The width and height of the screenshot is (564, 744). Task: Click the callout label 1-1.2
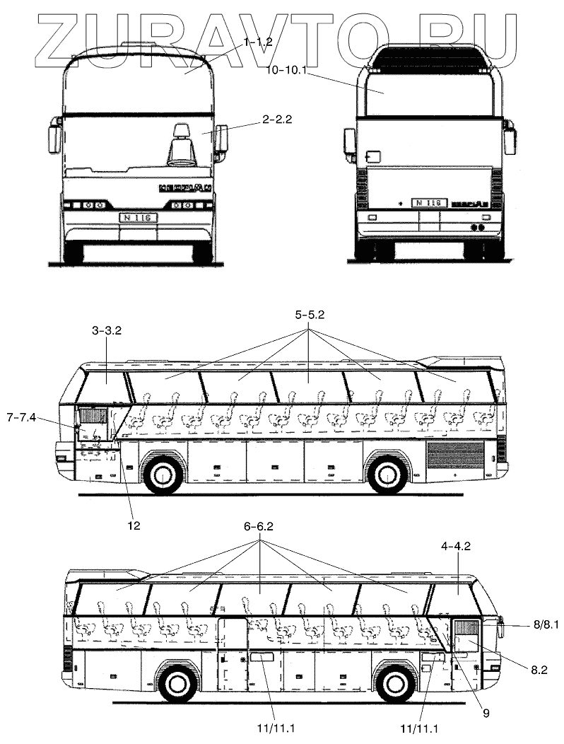coord(258,42)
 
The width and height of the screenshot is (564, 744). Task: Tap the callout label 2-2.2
coord(276,120)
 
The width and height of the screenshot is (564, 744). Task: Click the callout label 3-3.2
coord(107,330)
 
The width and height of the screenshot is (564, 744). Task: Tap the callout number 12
coord(134,525)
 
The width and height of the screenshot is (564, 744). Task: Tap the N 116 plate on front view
coord(138,218)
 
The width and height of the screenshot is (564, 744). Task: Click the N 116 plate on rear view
coord(428,203)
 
